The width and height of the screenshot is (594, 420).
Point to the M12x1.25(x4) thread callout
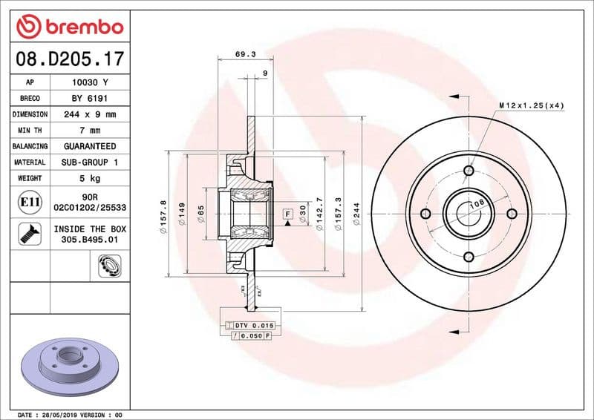pos(531,105)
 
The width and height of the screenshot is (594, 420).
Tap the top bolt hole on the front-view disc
pos(469,171)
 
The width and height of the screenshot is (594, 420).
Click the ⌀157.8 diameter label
pos(163,215)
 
